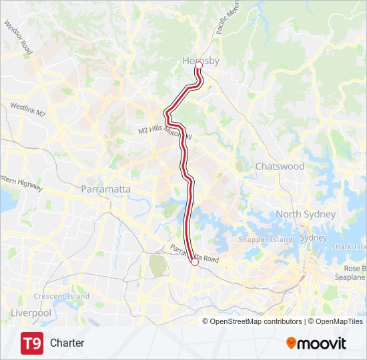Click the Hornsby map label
coord(201,61)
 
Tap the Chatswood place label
coord(280,166)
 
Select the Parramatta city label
coord(105,189)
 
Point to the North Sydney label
coord(306,214)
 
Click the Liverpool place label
coord(31,313)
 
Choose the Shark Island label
coord(350,247)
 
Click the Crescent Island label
coord(61,296)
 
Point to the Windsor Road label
coord(18,37)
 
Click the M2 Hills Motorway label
coord(165,130)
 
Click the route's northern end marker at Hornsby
coord(198,65)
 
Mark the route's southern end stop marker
coord(195,263)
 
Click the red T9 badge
coord(32,343)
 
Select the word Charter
coord(67,343)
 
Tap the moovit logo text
coord(322,343)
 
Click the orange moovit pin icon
coord(291,343)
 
